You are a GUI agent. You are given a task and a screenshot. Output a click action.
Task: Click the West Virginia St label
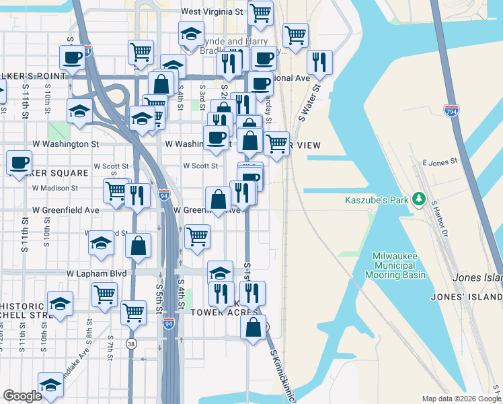[212, 12]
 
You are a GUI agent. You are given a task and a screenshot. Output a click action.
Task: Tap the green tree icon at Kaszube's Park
[420, 198]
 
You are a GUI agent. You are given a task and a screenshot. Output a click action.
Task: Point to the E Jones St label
[440, 162]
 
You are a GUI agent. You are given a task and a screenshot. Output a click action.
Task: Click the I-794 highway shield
[451, 110]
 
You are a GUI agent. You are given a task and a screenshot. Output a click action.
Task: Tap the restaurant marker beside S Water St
[319, 63]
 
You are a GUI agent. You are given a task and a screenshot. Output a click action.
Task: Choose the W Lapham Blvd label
[97, 273]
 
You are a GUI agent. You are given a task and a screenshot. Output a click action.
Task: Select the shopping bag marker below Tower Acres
[253, 328]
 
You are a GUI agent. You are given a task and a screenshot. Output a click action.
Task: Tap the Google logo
[22, 396]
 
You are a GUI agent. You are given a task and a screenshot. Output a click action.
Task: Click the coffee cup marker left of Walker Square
[19, 162]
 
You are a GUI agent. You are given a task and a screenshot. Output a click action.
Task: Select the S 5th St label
[160, 296]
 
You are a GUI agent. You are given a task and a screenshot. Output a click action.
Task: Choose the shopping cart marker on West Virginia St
[260, 13]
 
